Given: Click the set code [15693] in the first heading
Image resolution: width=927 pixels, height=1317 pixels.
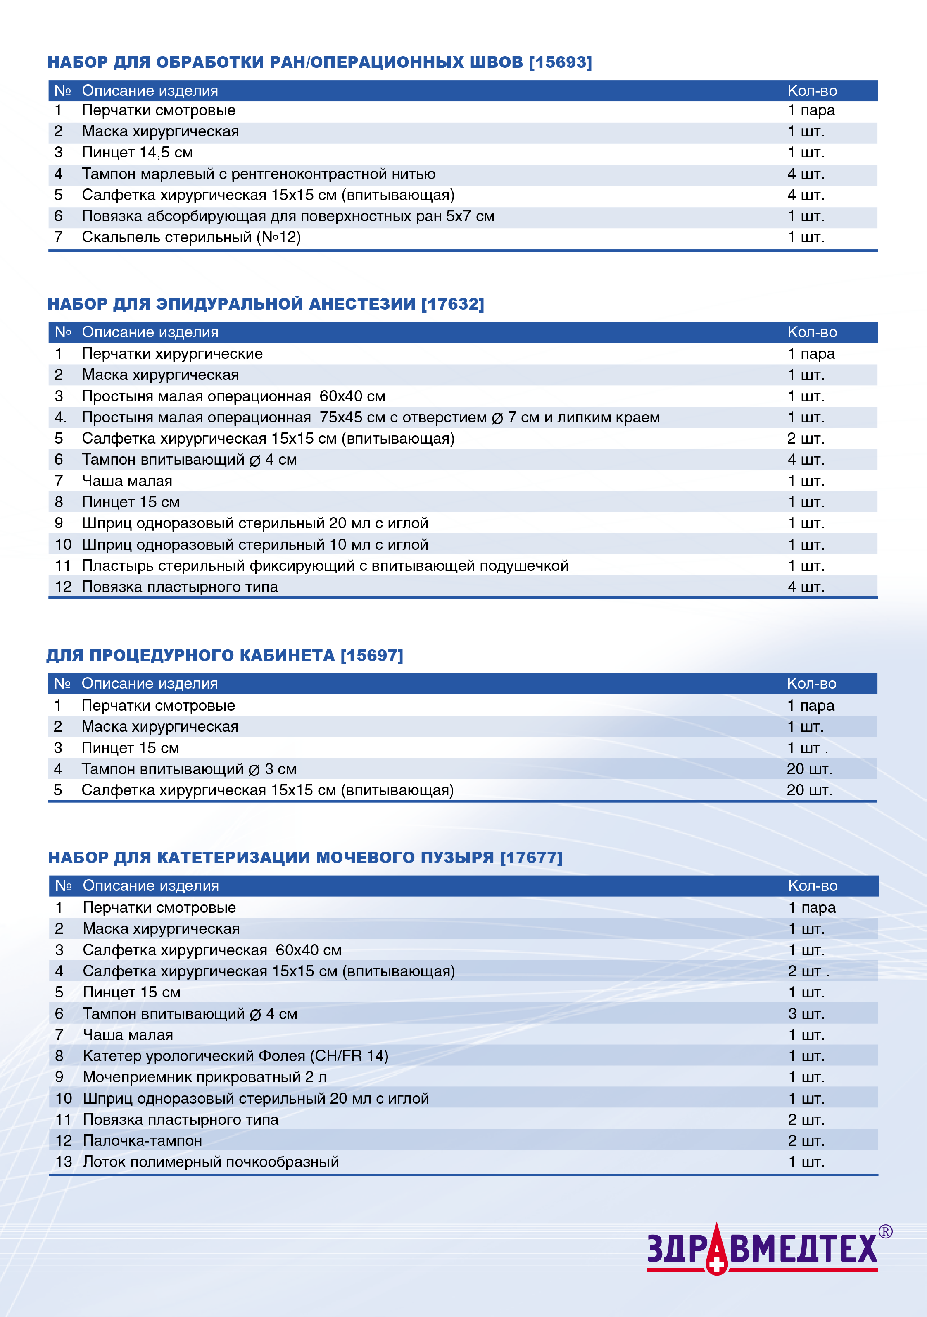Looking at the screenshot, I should pyautogui.click(x=560, y=62).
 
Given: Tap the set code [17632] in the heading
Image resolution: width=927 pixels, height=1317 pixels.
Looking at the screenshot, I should pyautogui.click(x=452, y=304).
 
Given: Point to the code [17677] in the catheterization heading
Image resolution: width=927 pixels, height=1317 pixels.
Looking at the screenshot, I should pyautogui.click(x=531, y=858).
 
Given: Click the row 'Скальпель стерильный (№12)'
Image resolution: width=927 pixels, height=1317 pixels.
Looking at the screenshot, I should pyautogui.click(x=192, y=237).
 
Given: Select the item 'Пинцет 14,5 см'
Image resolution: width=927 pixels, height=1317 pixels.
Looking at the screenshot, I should pyautogui.click(x=138, y=153).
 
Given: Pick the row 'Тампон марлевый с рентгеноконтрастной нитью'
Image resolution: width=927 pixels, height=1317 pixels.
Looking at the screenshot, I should pyautogui.click(x=259, y=174).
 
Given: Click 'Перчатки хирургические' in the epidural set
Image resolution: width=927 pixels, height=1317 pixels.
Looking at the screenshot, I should pyautogui.click(x=172, y=354).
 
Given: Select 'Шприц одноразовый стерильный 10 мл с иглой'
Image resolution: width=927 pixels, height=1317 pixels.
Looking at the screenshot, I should pyautogui.click(x=255, y=545).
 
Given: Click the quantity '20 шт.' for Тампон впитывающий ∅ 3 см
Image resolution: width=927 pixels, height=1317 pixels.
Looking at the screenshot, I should pyautogui.click(x=809, y=769).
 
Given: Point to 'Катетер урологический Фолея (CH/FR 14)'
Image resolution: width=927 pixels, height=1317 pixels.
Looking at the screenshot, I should pyautogui.click(x=235, y=1056).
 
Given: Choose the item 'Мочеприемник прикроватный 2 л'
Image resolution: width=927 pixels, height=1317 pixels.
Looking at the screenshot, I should pyautogui.click(x=204, y=1077).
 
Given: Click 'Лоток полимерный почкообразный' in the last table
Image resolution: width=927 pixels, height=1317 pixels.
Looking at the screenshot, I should pyautogui.click(x=211, y=1162).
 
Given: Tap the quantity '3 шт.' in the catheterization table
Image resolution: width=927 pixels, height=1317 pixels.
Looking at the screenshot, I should pyautogui.click(x=806, y=1014).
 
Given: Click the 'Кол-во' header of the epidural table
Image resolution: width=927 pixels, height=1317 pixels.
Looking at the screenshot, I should pyautogui.click(x=812, y=332).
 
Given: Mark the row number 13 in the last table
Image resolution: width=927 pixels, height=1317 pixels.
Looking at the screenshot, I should pyautogui.click(x=64, y=1162).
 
